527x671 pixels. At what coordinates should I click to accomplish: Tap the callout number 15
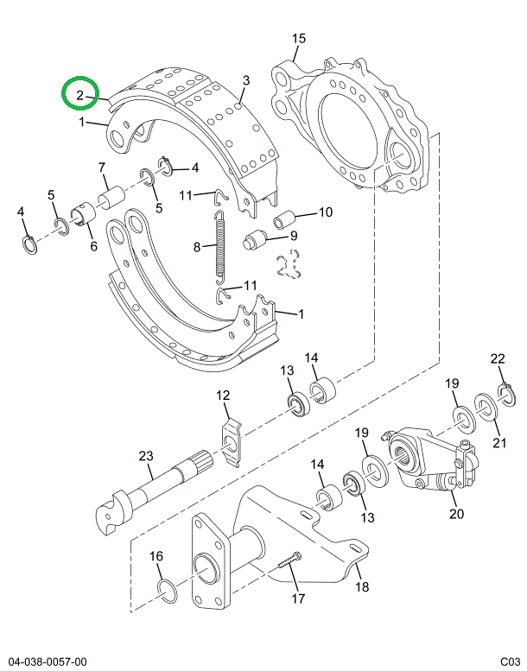coord(299,39)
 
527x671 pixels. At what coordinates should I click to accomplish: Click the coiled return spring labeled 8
coord(219,249)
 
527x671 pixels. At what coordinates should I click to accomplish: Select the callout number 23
coord(144,456)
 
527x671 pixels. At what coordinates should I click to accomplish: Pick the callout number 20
coord(455,515)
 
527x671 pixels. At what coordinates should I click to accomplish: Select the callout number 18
coord(361,587)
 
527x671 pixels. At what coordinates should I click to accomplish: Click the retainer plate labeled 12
coord(230,441)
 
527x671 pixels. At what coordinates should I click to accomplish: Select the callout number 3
coord(245,81)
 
